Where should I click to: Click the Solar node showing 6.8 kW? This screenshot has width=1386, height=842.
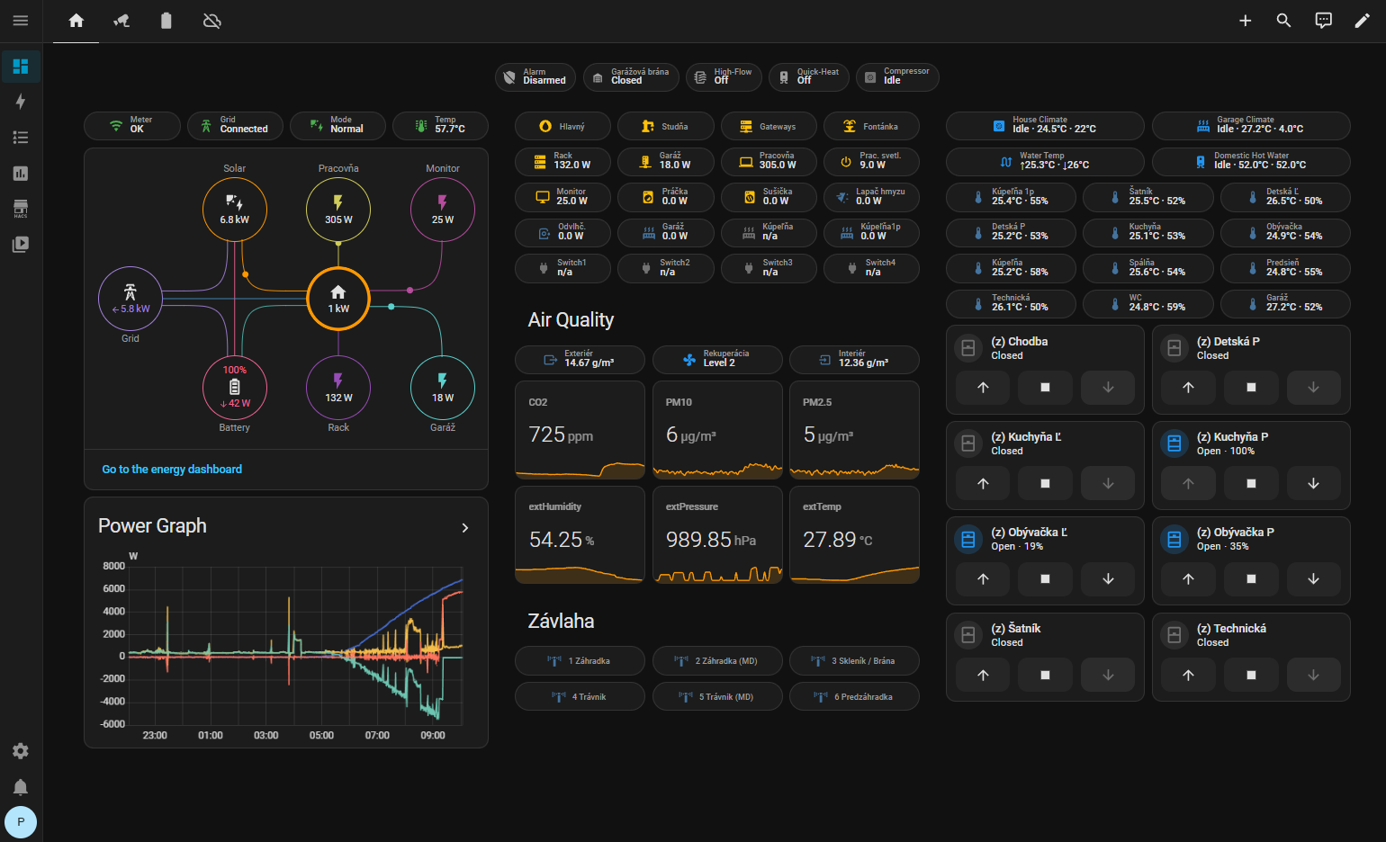click(235, 210)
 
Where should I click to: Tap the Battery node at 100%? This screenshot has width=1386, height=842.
click(235, 388)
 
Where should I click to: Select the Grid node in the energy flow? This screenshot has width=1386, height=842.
click(130, 299)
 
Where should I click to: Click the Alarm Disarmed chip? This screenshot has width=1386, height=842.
click(535, 76)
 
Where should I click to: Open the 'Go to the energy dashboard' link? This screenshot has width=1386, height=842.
click(172, 469)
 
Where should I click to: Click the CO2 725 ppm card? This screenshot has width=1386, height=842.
click(580, 430)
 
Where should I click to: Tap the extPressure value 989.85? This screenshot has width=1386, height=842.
click(698, 540)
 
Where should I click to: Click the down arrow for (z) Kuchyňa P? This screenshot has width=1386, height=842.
click(1313, 483)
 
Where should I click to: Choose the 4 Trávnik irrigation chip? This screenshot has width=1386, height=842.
click(580, 696)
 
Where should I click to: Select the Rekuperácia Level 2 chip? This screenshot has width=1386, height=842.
click(717, 359)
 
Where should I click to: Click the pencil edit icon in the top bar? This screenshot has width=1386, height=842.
click(1362, 21)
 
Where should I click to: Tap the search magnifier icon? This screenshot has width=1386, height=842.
click(1284, 21)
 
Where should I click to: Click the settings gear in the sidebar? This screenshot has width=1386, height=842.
click(21, 751)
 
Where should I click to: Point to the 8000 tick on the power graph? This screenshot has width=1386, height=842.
click(113, 566)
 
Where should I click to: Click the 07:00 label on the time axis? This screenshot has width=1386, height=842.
click(377, 736)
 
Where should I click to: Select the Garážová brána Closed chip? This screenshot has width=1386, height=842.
click(631, 76)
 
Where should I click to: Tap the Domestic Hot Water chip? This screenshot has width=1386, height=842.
click(1250, 161)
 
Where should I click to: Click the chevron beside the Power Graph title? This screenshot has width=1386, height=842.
click(465, 528)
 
